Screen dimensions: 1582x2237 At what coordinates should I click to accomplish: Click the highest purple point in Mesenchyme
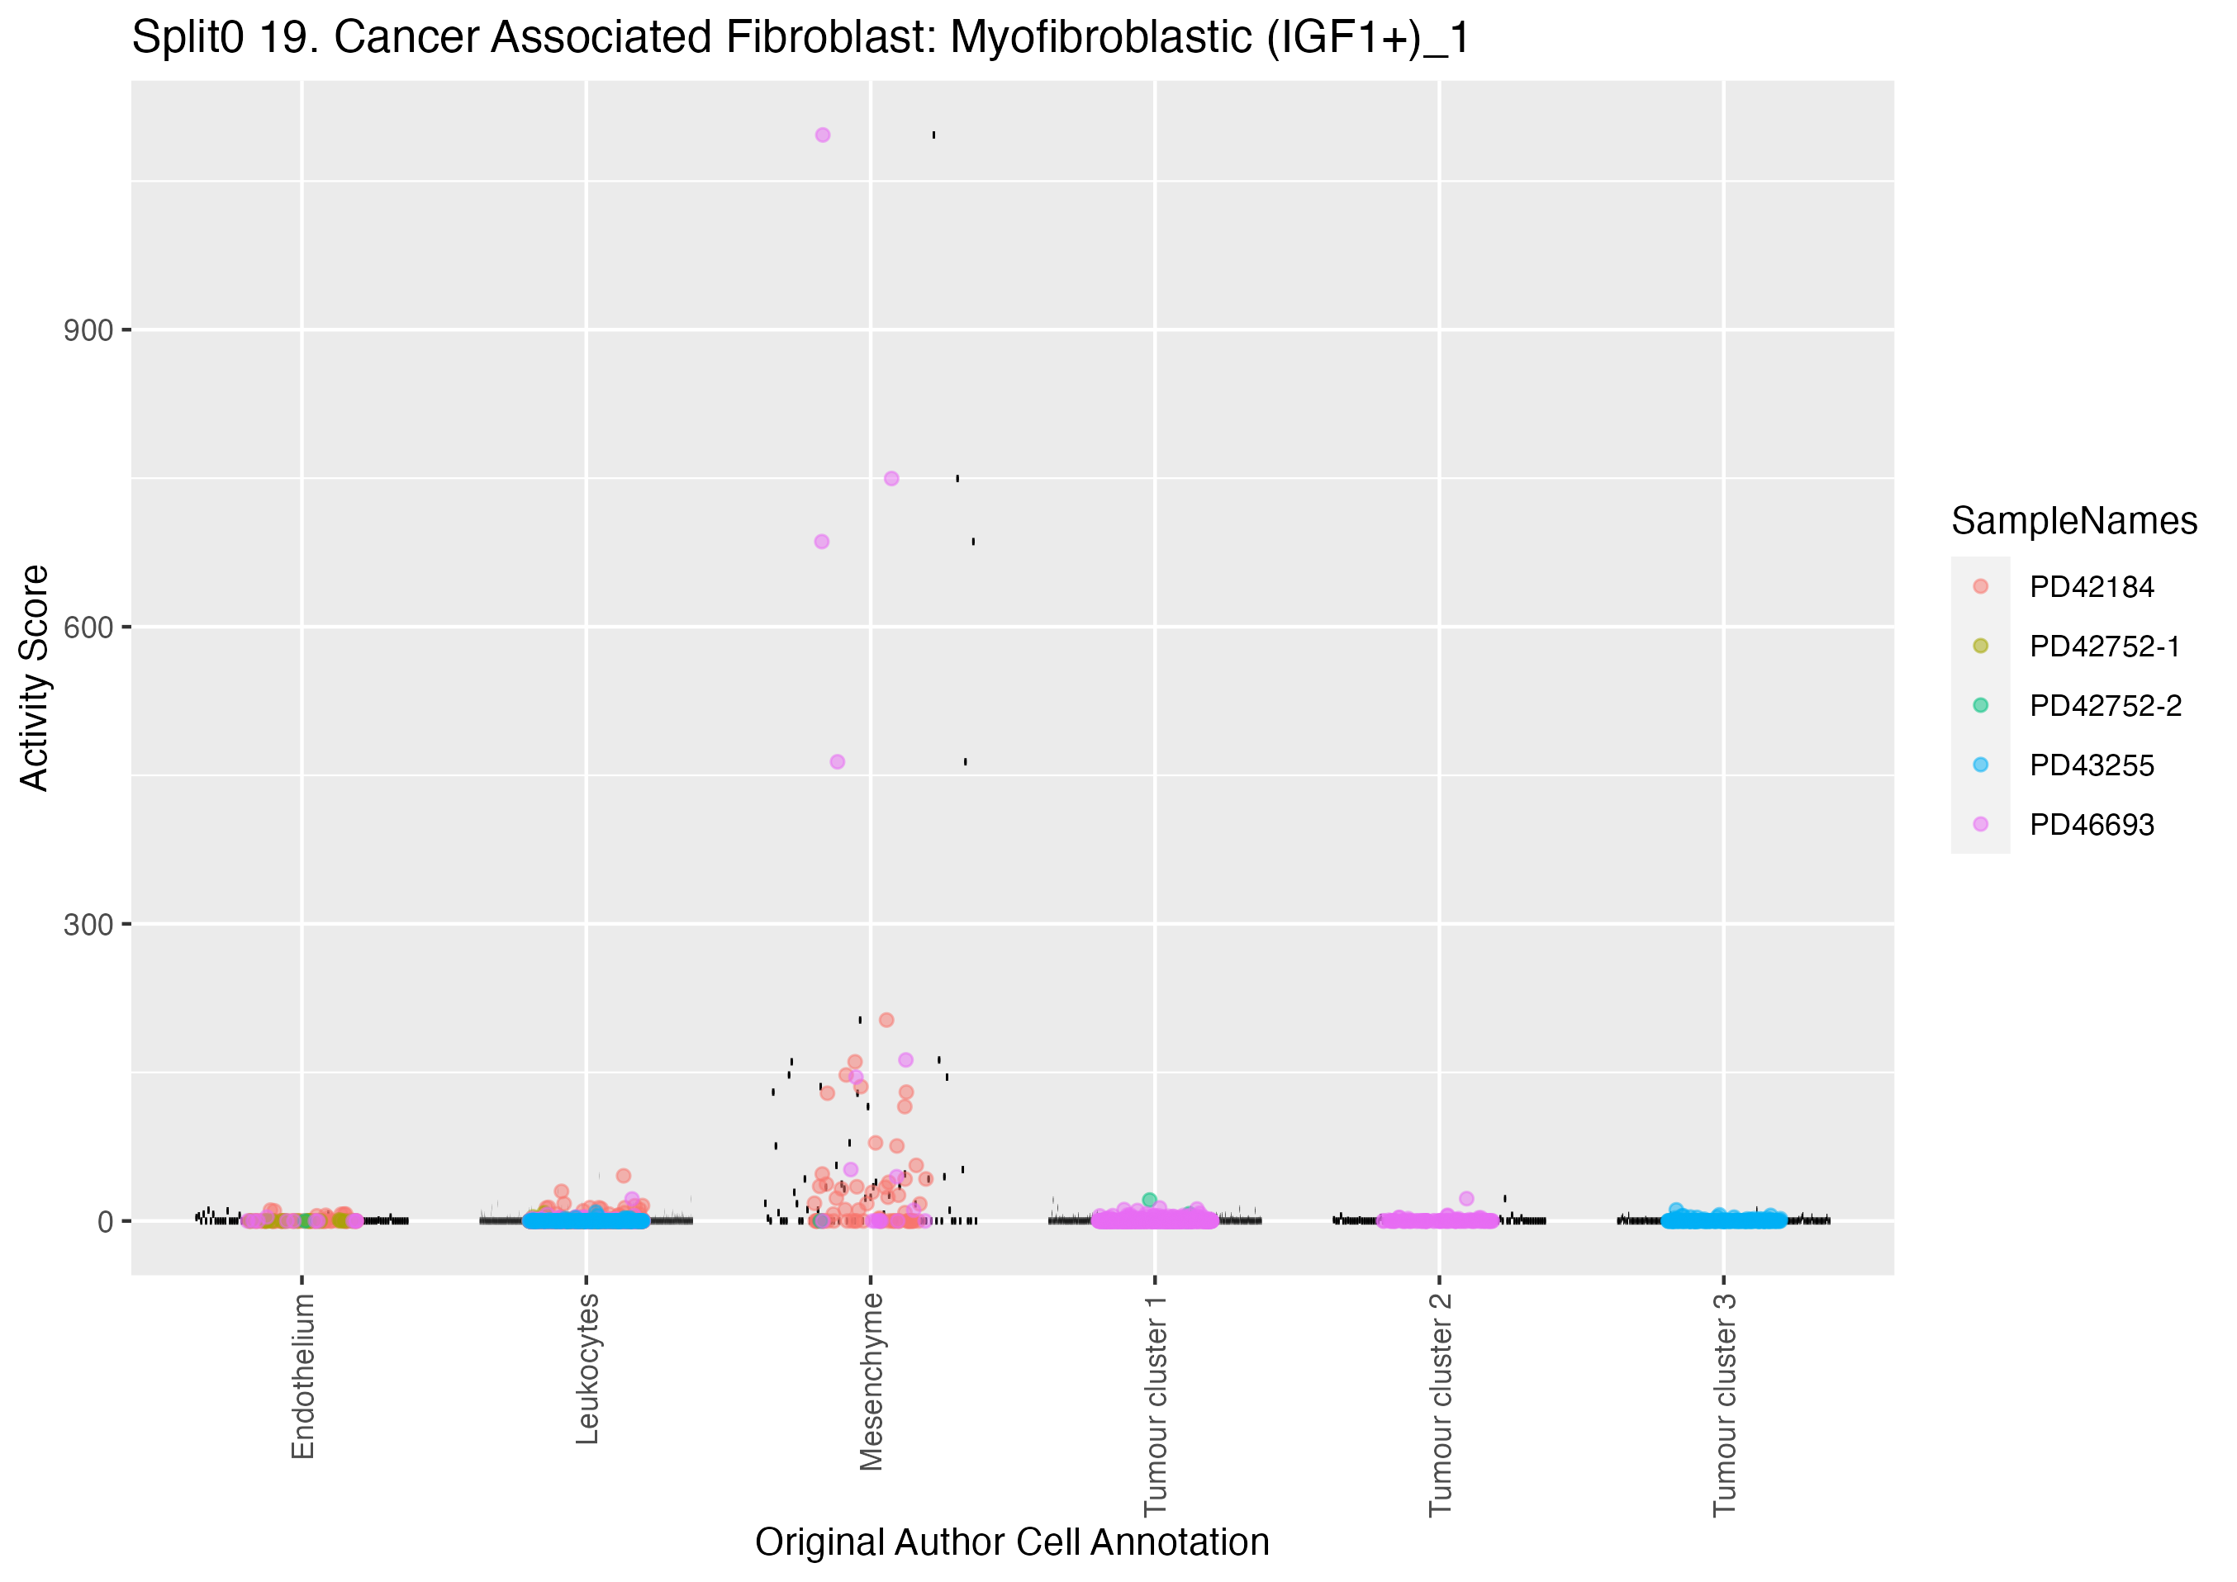point(822,135)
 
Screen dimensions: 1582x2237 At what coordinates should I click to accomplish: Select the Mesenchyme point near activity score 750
point(891,478)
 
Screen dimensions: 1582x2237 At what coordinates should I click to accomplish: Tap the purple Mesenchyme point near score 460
point(837,762)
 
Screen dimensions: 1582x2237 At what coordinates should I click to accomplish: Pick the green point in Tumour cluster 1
point(1150,1201)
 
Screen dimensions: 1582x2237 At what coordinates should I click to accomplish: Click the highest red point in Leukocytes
point(624,1176)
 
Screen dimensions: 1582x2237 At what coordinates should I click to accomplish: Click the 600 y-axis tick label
point(88,628)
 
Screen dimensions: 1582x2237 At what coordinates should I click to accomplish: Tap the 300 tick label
point(88,925)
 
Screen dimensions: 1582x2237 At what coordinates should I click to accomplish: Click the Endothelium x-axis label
point(303,1376)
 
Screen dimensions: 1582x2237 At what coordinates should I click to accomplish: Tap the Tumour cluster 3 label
point(1725,1404)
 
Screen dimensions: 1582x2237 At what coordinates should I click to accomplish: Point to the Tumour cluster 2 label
point(1440,1404)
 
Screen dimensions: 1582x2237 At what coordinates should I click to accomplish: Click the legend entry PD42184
point(2091,587)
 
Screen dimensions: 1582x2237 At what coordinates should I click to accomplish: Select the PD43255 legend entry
point(2091,765)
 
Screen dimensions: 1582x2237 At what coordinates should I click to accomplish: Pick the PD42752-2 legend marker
point(1980,705)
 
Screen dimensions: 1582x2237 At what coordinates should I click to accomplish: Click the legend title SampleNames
point(2073,521)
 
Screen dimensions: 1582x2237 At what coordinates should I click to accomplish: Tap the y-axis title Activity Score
point(34,678)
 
